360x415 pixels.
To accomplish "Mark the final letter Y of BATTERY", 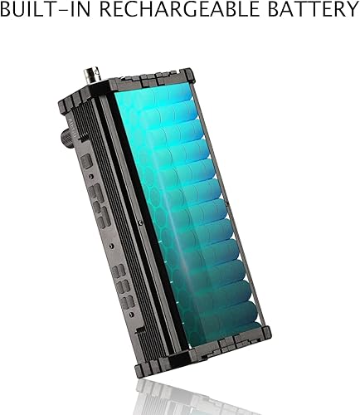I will (x=347, y=11).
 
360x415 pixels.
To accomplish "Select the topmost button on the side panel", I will (x=86, y=160).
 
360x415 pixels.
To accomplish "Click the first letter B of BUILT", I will (x=8, y=11).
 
